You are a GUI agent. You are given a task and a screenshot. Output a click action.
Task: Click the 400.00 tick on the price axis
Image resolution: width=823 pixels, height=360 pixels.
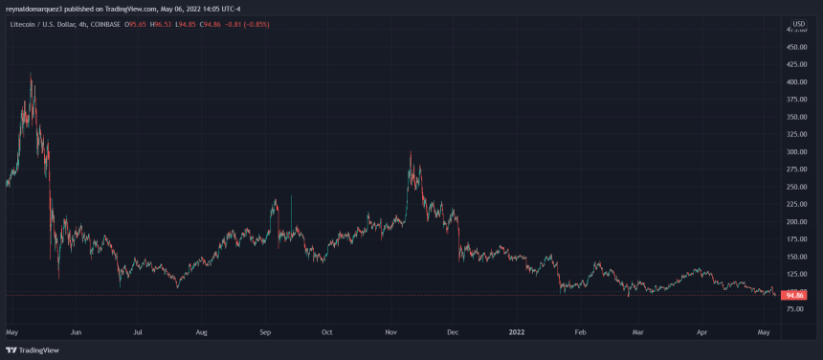coord(796,82)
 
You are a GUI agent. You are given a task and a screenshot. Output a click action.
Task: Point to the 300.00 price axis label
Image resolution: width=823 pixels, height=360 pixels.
coord(796,152)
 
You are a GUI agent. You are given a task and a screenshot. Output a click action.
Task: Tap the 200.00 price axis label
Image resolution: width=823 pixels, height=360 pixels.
coord(796,222)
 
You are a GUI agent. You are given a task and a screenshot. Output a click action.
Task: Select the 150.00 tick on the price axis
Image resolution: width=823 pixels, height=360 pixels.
coord(796,257)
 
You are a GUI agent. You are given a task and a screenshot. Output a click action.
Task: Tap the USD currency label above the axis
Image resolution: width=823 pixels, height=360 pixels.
coord(798,23)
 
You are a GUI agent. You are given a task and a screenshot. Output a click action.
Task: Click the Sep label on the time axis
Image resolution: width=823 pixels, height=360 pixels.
coord(265,332)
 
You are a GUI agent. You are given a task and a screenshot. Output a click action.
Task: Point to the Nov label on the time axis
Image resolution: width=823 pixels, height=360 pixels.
coord(390,332)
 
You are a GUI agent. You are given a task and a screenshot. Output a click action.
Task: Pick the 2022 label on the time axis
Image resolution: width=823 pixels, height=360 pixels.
coord(517,332)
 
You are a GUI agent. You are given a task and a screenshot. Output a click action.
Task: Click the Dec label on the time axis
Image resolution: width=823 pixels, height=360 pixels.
coord(453,332)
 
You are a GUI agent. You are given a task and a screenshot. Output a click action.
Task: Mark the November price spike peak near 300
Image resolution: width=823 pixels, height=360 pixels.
coord(411,151)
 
